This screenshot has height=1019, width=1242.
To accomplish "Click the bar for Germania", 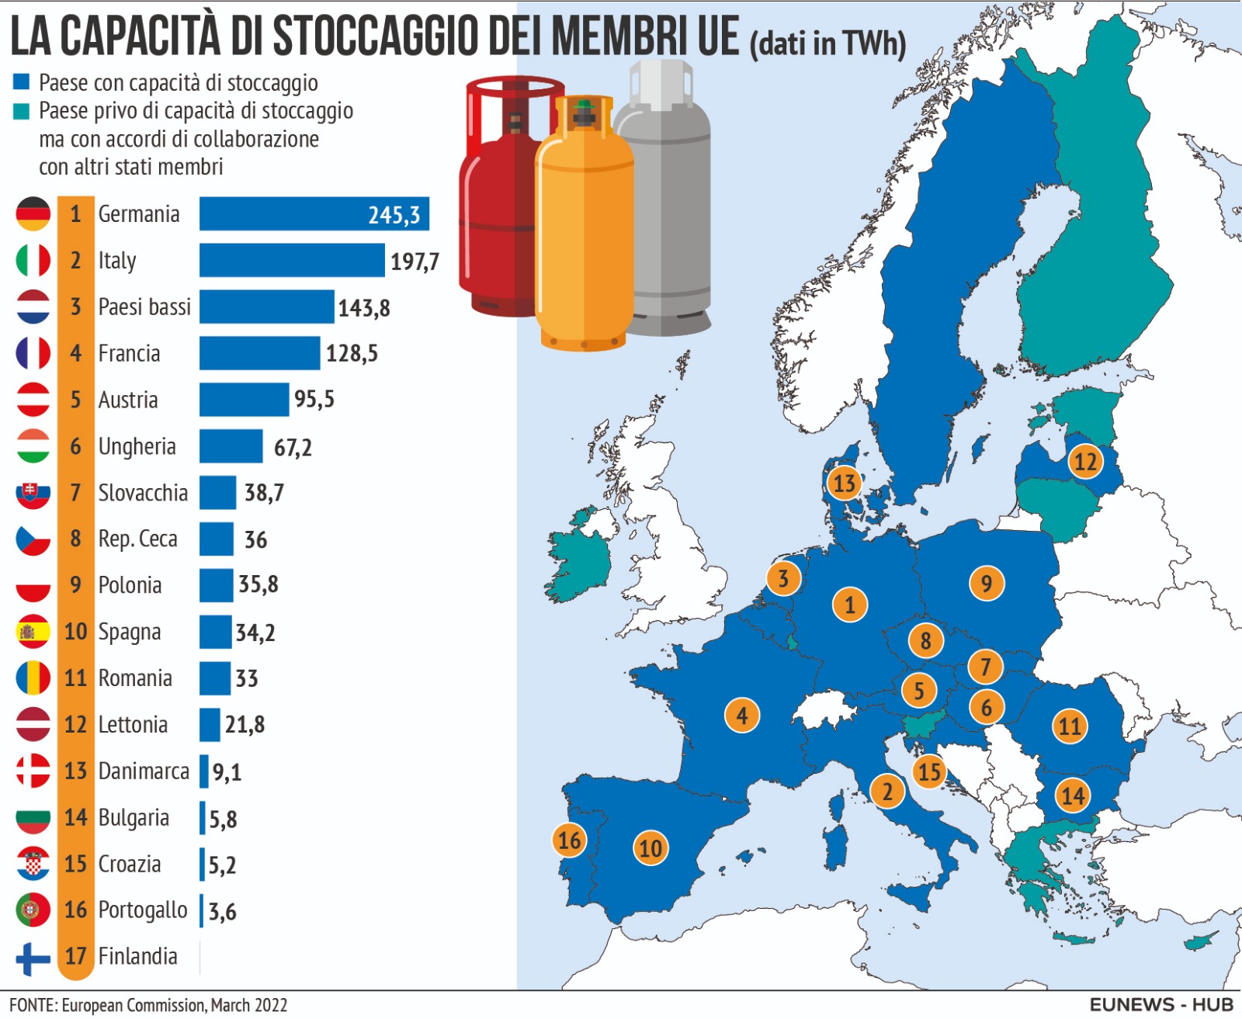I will click(x=314, y=213).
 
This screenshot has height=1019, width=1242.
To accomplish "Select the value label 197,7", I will click(x=415, y=262).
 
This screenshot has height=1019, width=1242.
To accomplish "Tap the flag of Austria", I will click(x=33, y=400).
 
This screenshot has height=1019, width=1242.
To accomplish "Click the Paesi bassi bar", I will click(x=266, y=307).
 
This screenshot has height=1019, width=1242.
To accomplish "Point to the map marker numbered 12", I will click(x=1085, y=462).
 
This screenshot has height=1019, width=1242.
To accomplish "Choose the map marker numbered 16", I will click(x=569, y=840).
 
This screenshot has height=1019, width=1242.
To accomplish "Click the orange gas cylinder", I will click(x=585, y=225).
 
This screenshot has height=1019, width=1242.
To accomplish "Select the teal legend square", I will click(x=22, y=111).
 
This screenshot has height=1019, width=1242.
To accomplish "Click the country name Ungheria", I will click(x=137, y=446).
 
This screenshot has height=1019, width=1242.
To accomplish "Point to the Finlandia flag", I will click(x=33, y=957).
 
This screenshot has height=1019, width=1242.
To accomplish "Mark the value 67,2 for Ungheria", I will click(x=293, y=448).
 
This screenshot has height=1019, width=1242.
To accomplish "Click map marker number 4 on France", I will click(x=741, y=715).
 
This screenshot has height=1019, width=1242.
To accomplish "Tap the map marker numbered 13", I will click(x=844, y=484).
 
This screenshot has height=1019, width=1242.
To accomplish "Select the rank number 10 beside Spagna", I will click(x=75, y=632).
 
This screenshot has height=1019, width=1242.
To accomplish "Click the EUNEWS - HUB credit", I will click(x=1160, y=1004).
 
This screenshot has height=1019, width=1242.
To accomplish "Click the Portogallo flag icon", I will click(x=33, y=910).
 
